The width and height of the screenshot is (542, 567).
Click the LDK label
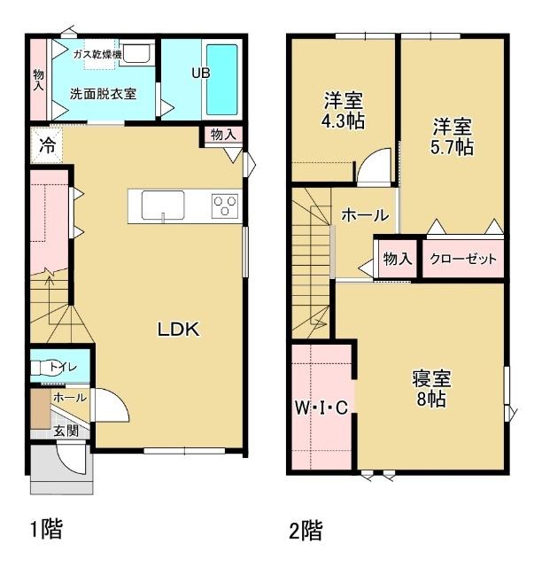tap(178, 330)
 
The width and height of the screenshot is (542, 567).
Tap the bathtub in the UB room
tap(221, 79)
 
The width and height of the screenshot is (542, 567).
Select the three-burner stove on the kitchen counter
tap(225, 206)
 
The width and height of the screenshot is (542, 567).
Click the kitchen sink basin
tap(163, 205)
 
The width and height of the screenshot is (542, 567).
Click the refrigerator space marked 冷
tap(47, 145)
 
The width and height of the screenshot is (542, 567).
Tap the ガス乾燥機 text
tap(97, 55)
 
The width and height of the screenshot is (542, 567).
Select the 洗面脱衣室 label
tap(103, 94)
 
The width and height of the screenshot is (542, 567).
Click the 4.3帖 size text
tap(343, 121)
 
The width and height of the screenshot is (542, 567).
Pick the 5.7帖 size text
tap(452, 147)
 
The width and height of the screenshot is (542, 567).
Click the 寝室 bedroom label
tap(431, 378)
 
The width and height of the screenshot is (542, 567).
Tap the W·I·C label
tap(321, 408)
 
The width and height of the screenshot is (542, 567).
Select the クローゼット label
tap(463, 259)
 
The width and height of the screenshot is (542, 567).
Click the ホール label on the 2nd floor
tap(365, 215)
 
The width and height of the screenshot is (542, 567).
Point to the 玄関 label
tap(66, 431)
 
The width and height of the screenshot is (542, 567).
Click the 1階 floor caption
tap(47, 529)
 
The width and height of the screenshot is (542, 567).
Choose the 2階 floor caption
tap(306, 531)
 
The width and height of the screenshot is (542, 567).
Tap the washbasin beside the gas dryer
tap(135, 55)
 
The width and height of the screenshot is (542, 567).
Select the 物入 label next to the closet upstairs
tap(398, 259)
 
